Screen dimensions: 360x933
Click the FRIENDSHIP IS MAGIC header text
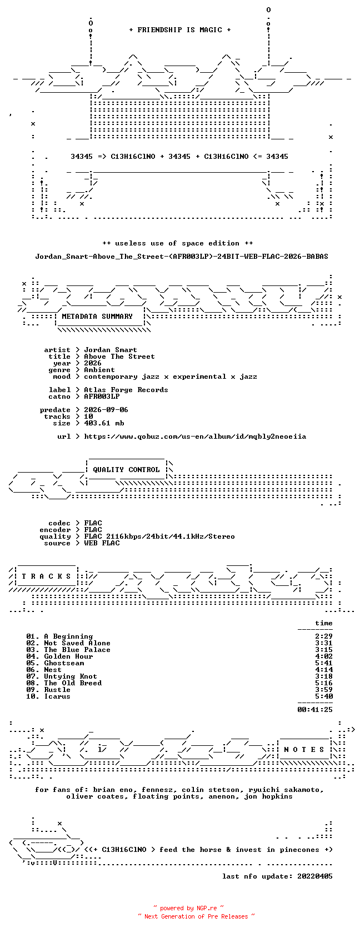click(x=180, y=30)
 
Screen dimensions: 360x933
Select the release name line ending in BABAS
click(x=182, y=257)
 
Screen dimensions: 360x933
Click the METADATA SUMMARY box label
click(x=97, y=317)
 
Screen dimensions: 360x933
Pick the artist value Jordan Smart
click(x=111, y=350)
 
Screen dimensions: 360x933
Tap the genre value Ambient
click(x=99, y=370)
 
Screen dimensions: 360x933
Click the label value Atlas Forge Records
click(x=126, y=390)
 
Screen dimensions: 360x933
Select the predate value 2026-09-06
click(x=106, y=410)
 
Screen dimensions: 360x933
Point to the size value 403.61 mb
click(x=104, y=423)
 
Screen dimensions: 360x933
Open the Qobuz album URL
click(x=195, y=437)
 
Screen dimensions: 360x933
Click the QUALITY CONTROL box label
click(x=126, y=470)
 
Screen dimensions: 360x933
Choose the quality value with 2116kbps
click(x=159, y=536)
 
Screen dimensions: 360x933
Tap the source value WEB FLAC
click(x=102, y=543)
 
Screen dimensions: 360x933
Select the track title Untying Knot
click(x=71, y=676)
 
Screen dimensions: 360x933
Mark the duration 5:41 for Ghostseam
click(x=324, y=663)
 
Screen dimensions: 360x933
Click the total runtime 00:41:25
click(x=315, y=710)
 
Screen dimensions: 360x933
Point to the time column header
click(x=324, y=623)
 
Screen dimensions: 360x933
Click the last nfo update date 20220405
click(x=315, y=876)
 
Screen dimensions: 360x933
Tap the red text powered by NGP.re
click(x=188, y=908)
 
